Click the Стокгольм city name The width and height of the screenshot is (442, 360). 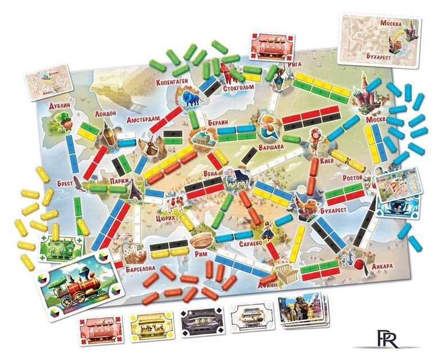point(239,87)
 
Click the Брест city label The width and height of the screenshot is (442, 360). point(66,183)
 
